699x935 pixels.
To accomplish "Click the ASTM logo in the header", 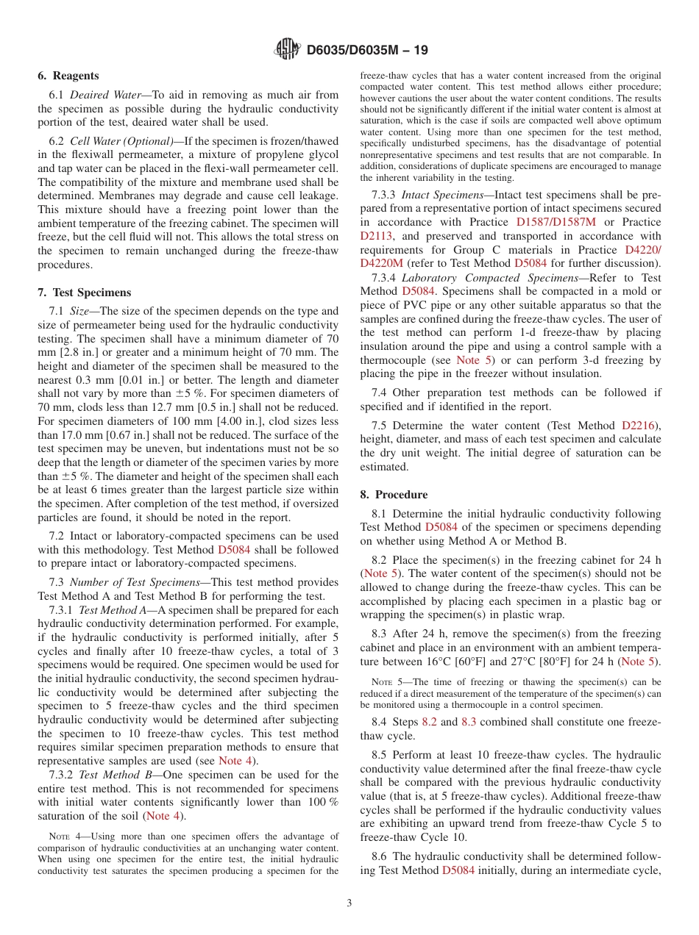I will pos(287,49).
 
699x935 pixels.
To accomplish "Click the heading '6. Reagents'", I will pos(68,76).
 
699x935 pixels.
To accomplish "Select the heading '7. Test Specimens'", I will pos(84,293).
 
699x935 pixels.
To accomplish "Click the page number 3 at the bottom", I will pos(349,903).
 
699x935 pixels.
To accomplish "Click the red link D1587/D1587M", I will pos(556,222).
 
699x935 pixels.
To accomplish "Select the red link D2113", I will pos(376,236).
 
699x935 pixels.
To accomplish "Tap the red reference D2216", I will pos(639,425).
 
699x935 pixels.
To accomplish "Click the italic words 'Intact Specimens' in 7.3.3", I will pos(445,194).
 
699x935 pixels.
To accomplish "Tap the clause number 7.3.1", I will pos(61,610).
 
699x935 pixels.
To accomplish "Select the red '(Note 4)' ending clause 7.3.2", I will pos(166,817).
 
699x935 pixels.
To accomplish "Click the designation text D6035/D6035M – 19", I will pos(366,50).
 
